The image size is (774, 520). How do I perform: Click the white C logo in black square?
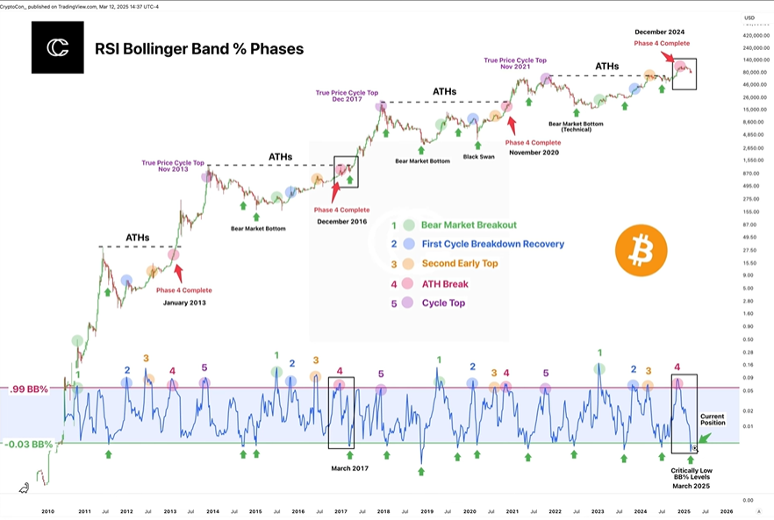pyautogui.click(x=57, y=47)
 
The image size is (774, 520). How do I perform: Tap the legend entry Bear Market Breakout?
pyautogui.click(x=469, y=225)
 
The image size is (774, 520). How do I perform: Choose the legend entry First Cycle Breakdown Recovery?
pyautogui.click(x=492, y=244)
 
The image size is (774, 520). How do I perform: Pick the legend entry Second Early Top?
pyautogui.click(x=458, y=263)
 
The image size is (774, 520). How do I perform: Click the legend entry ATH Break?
pyautogui.click(x=445, y=283)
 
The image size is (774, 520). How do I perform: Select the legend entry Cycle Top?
pyautogui.click(x=443, y=303)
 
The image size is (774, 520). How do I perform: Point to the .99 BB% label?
pyautogui.click(x=30, y=388)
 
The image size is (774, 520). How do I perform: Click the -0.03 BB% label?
pyautogui.click(x=30, y=443)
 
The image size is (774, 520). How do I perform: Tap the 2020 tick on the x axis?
pyautogui.click(x=469, y=510)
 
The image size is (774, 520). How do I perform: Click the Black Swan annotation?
pyautogui.click(x=479, y=156)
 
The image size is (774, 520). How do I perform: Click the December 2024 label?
pyautogui.click(x=663, y=32)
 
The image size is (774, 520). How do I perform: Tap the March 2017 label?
pyautogui.click(x=349, y=468)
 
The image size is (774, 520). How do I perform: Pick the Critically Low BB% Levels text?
pyautogui.click(x=693, y=474)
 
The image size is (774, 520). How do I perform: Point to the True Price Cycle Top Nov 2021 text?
pyautogui.click(x=515, y=64)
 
